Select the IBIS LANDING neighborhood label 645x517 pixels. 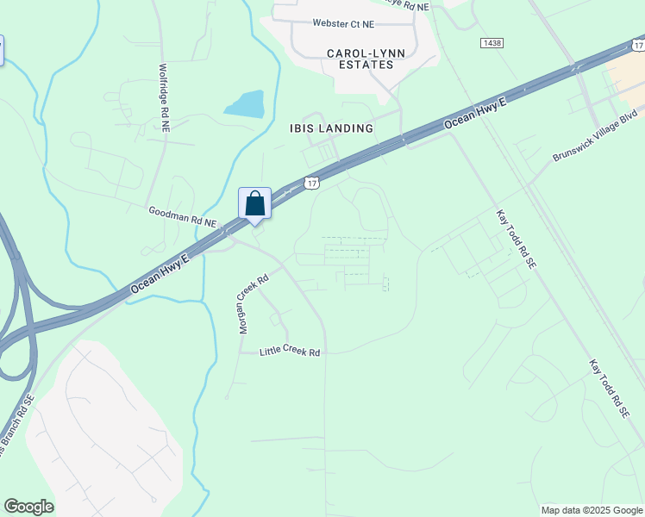point(332,128)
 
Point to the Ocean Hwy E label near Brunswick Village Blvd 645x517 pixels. point(476,114)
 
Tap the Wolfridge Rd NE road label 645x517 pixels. point(163,97)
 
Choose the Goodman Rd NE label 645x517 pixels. point(182,215)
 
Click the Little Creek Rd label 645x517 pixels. point(291,352)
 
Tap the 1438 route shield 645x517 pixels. point(492,42)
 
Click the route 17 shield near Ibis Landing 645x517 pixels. point(312,183)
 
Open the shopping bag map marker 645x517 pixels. point(255,204)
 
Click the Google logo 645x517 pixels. point(28,507)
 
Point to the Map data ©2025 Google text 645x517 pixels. point(592,510)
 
